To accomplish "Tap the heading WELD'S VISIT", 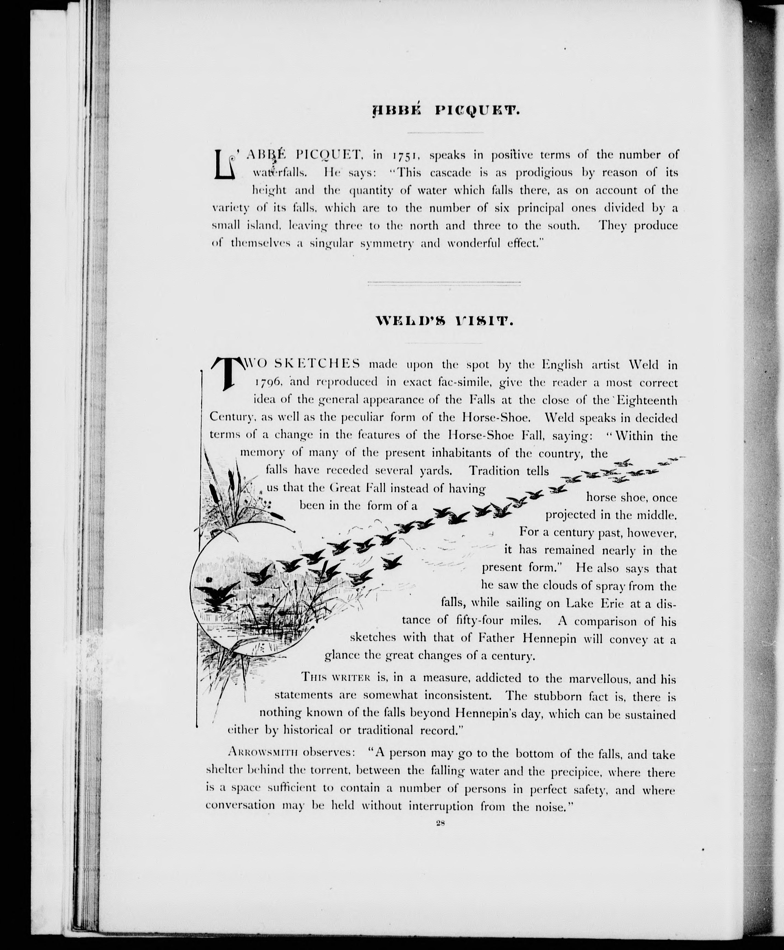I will pyautogui.click(x=445, y=322).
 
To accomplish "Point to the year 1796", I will pyautogui.click(x=269, y=383).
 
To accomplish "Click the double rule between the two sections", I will pyautogui.click(x=444, y=284).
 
